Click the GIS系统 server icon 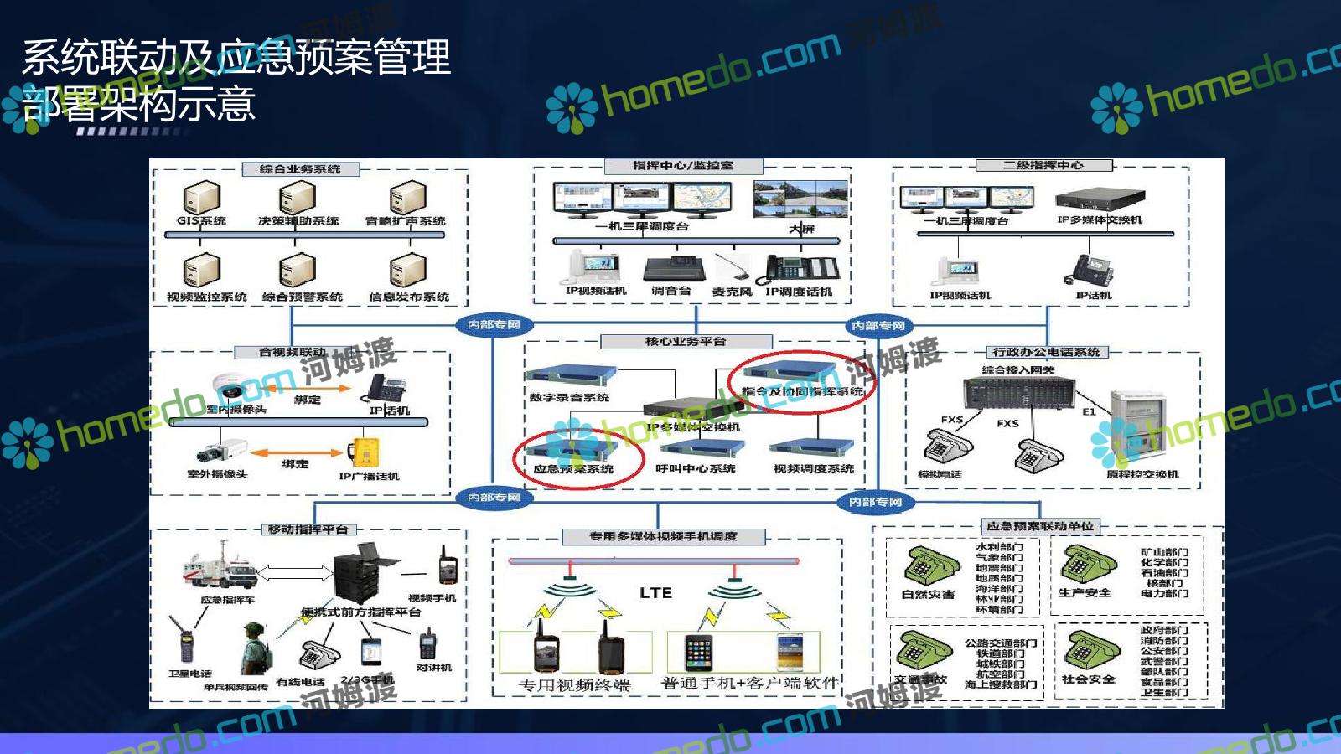(201, 198)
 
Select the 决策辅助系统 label (298, 221)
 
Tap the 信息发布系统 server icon (408, 271)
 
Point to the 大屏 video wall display (800, 199)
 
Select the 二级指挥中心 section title (1043, 165)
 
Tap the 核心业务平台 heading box (686, 342)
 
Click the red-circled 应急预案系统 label (573, 469)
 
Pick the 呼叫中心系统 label (696, 468)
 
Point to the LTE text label (655, 593)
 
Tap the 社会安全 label (1088, 679)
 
